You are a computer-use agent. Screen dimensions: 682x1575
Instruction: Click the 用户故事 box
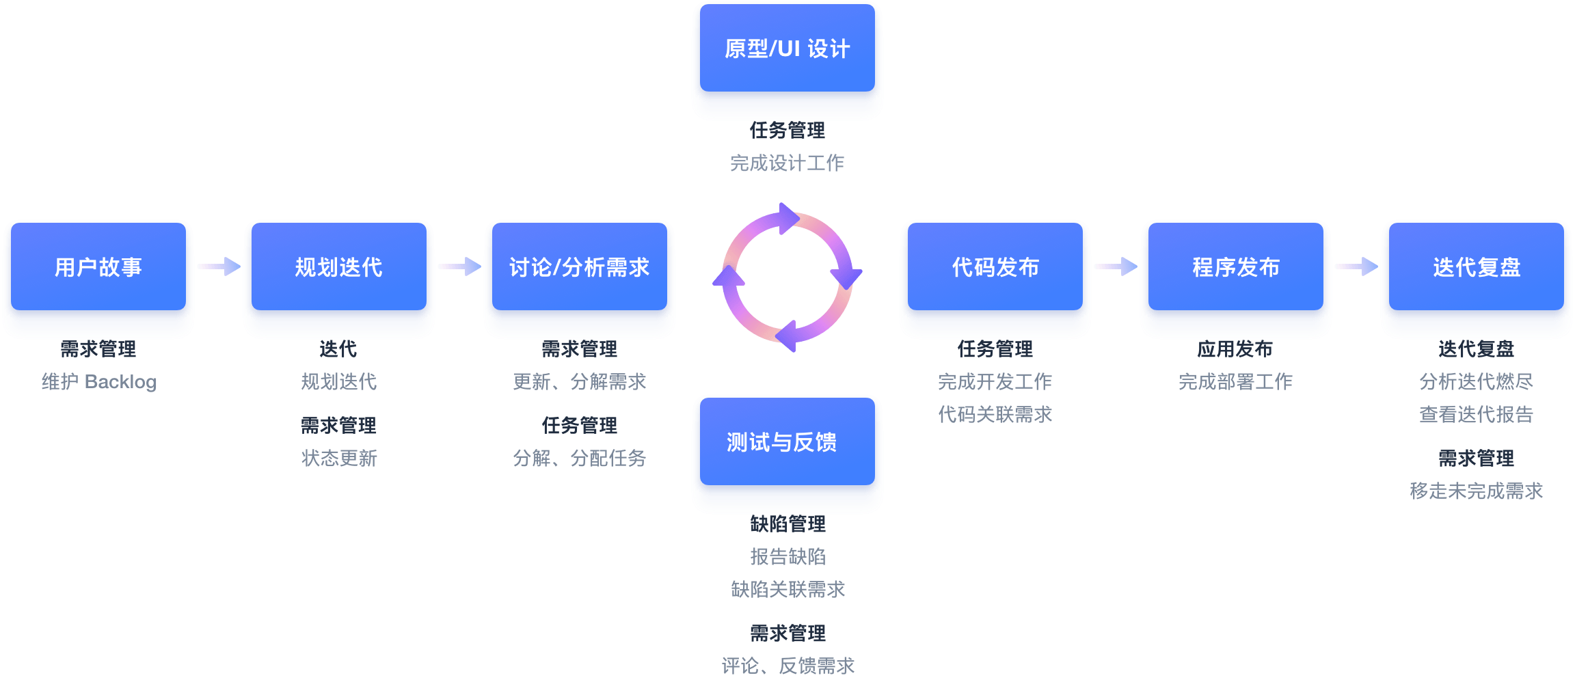(98, 267)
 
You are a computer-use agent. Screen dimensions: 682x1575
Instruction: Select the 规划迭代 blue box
(339, 267)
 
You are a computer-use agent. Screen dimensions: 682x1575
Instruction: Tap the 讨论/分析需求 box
(580, 267)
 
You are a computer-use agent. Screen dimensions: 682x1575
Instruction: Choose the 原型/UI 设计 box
(787, 49)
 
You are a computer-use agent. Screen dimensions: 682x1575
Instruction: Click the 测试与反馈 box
(787, 442)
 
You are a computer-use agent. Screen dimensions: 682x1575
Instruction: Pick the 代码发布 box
(995, 267)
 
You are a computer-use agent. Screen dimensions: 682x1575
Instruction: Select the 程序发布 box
(1236, 267)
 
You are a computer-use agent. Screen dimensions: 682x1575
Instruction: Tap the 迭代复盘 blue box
(1477, 267)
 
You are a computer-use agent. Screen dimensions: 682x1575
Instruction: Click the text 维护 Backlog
(99, 381)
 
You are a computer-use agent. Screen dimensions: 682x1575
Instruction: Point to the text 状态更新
(339, 458)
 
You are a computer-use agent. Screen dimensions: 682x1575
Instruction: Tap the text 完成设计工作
(787, 163)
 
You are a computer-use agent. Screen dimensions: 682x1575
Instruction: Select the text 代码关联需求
(995, 414)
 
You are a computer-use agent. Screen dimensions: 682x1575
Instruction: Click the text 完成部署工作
(1236, 381)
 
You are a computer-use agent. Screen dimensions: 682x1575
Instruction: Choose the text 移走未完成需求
(1477, 491)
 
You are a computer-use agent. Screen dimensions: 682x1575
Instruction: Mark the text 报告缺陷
(787, 556)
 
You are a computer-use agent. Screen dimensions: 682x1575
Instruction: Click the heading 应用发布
(1235, 349)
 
